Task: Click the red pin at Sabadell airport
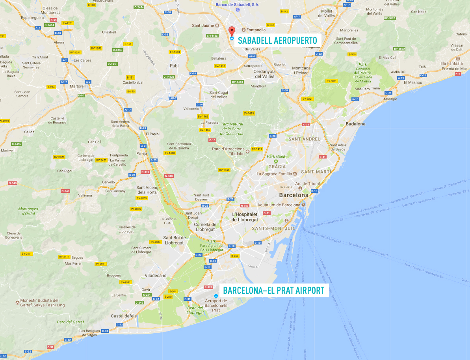pyautogui.click(x=232, y=31)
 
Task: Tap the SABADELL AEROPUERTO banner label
pyautogui.click(x=277, y=40)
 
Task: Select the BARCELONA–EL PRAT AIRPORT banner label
pyautogui.click(x=274, y=291)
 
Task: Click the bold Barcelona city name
pyautogui.click(x=294, y=195)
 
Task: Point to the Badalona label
pyautogui.click(x=355, y=124)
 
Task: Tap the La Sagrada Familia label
pyautogui.click(x=274, y=173)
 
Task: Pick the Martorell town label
pyautogui.click(x=77, y=86)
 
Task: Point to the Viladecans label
pyautogui.click(x=156, y=276)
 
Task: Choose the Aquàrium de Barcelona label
pyautogui.click(x=279, y=205)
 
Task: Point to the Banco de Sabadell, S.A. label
pyautogui.click(x=238, y=5)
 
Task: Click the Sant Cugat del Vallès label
pyautogui.click(x=218, y=95)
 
